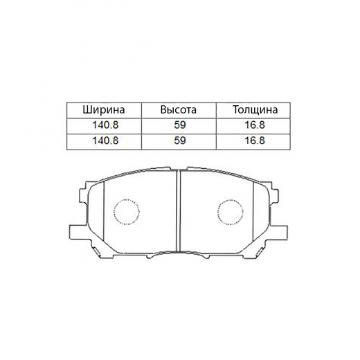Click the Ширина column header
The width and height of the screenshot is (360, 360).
click(104, 110)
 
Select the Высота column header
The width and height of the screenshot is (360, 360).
click(179, 110)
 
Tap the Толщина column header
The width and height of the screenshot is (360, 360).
click(255, 110)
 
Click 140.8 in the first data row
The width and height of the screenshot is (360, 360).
click(105, 125)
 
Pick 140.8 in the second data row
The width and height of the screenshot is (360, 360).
click(105, 141)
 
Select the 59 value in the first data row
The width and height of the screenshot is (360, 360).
click(180, 125)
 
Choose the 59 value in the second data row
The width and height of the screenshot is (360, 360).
click(180, 141)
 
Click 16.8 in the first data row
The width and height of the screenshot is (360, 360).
click(255, 125)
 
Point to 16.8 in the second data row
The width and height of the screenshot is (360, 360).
click(255, 141)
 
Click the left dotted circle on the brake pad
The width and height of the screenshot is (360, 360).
click(114, 212)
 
